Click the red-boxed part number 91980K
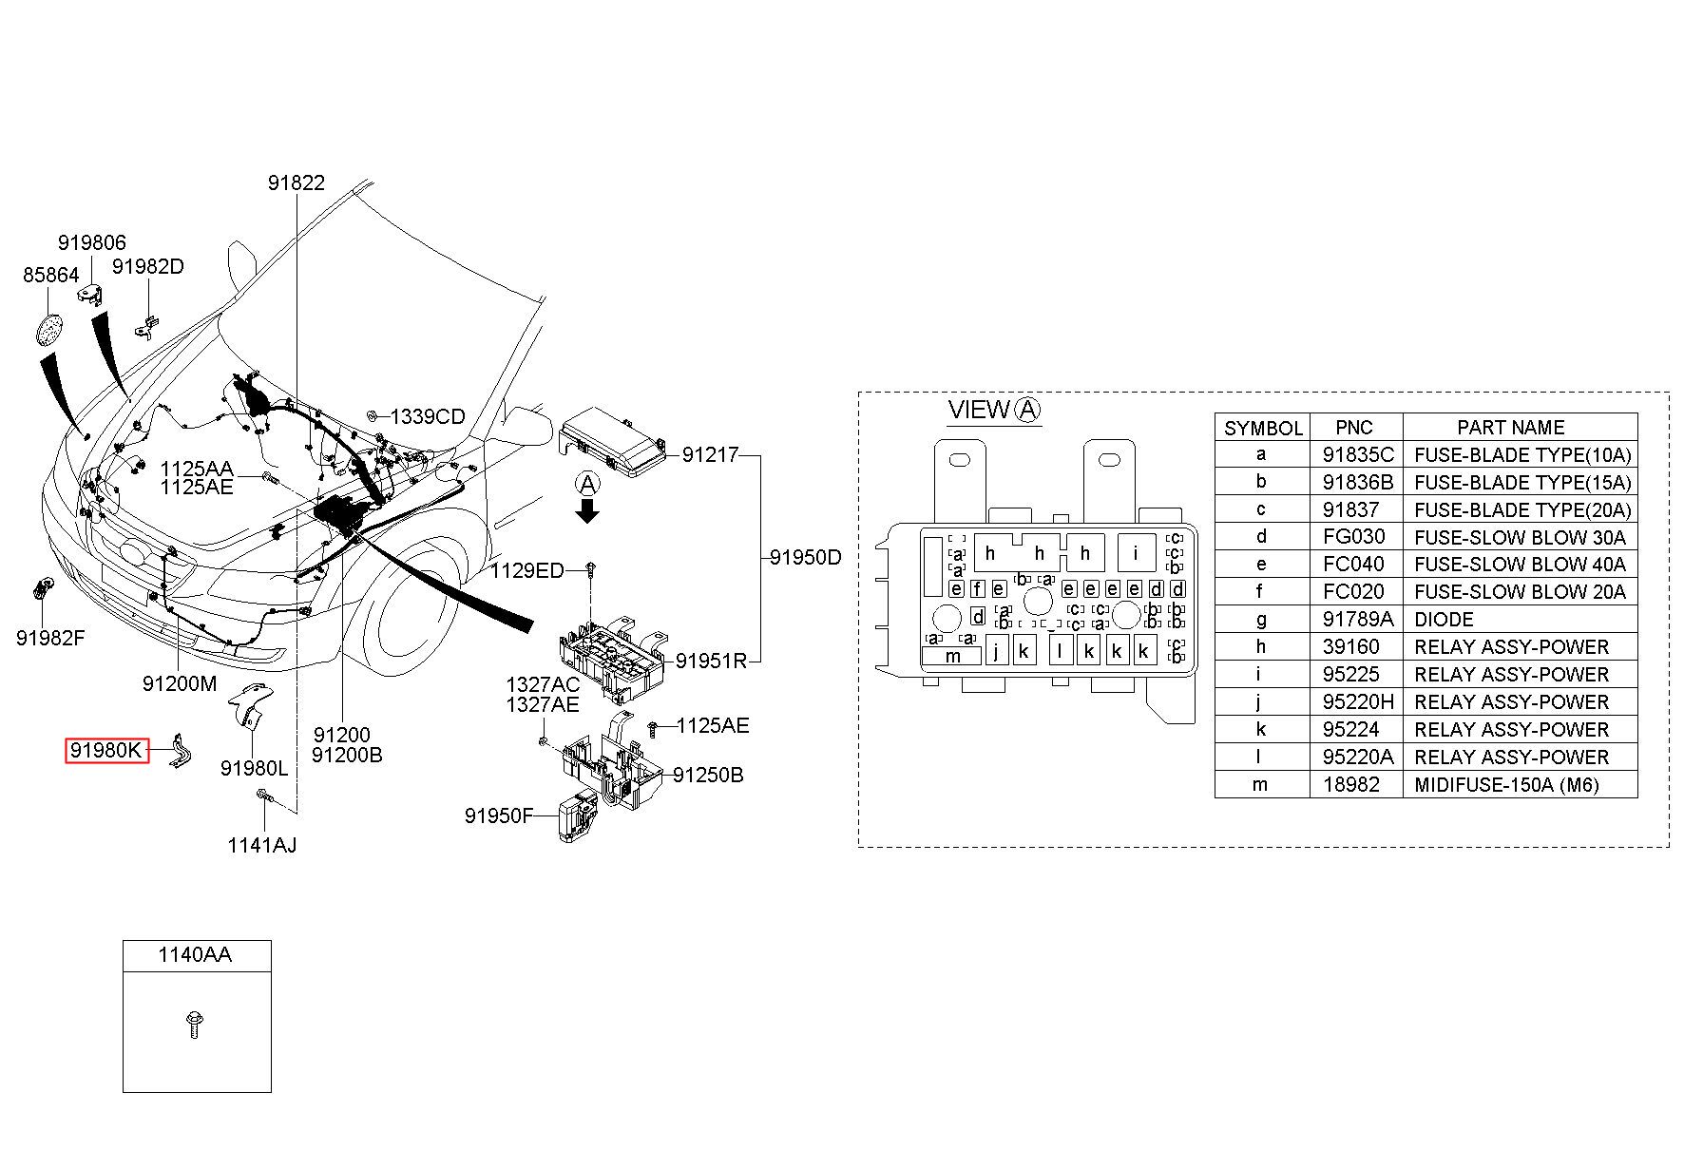click(106, 751)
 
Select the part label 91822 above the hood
click(296, 182)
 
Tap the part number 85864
click(50, 275)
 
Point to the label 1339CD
click(428, 416)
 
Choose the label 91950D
click(805, 557)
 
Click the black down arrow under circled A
click(589, 513)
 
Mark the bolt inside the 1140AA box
click(195, 1025)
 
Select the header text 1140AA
click(195, 954)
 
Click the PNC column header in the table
click(1354, 428)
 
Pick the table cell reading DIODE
click(1444, 620)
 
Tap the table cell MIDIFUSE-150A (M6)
click(1506, 785)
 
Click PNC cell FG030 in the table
click(1354, 537)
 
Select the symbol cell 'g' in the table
click(1261, 620)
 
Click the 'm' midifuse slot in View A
click(953, 656)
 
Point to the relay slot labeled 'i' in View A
click(1136, 552)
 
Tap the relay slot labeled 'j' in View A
click(997, 650)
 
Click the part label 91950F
click(499, 815)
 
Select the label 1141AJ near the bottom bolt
click(261, 845)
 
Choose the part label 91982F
click(50, 638)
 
